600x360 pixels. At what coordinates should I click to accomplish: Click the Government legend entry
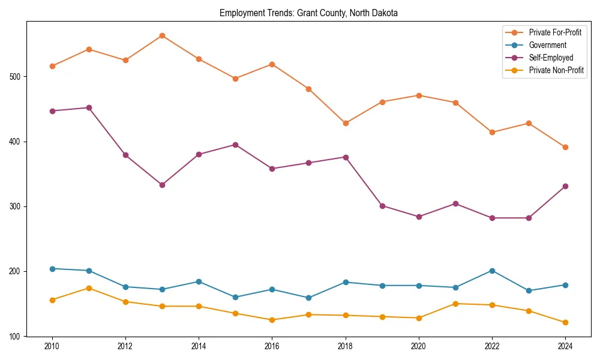(x=547, y=45)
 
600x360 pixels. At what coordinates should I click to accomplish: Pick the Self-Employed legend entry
(x=551, y=58)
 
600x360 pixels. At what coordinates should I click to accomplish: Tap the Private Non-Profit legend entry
(x=556, y=70)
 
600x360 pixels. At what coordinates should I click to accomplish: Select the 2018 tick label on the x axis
(x=346, y=346)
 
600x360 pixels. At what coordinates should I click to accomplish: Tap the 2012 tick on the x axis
(x=125, y=346)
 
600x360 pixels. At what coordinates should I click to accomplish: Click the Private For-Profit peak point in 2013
(x=162, y=35)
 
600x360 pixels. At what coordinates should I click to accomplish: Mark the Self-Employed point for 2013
(x=162, y=185)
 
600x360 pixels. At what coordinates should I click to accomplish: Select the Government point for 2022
(x=492, y=271)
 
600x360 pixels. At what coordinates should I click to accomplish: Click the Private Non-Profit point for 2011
(x=89, y=288)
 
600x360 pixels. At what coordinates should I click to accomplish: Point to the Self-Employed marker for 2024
(x=565, y=186)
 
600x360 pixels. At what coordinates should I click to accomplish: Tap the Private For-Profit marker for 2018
(x=346, y=123)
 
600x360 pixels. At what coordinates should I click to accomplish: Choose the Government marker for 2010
(x=52, y=269)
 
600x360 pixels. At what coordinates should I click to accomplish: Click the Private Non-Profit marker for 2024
(x=565, y=322)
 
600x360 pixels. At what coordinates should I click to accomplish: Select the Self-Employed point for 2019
(x=382, y=206)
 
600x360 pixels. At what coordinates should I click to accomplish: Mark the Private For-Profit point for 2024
(x=565, y=147)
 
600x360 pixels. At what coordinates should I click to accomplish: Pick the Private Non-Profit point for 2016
(x=272, y=320)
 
